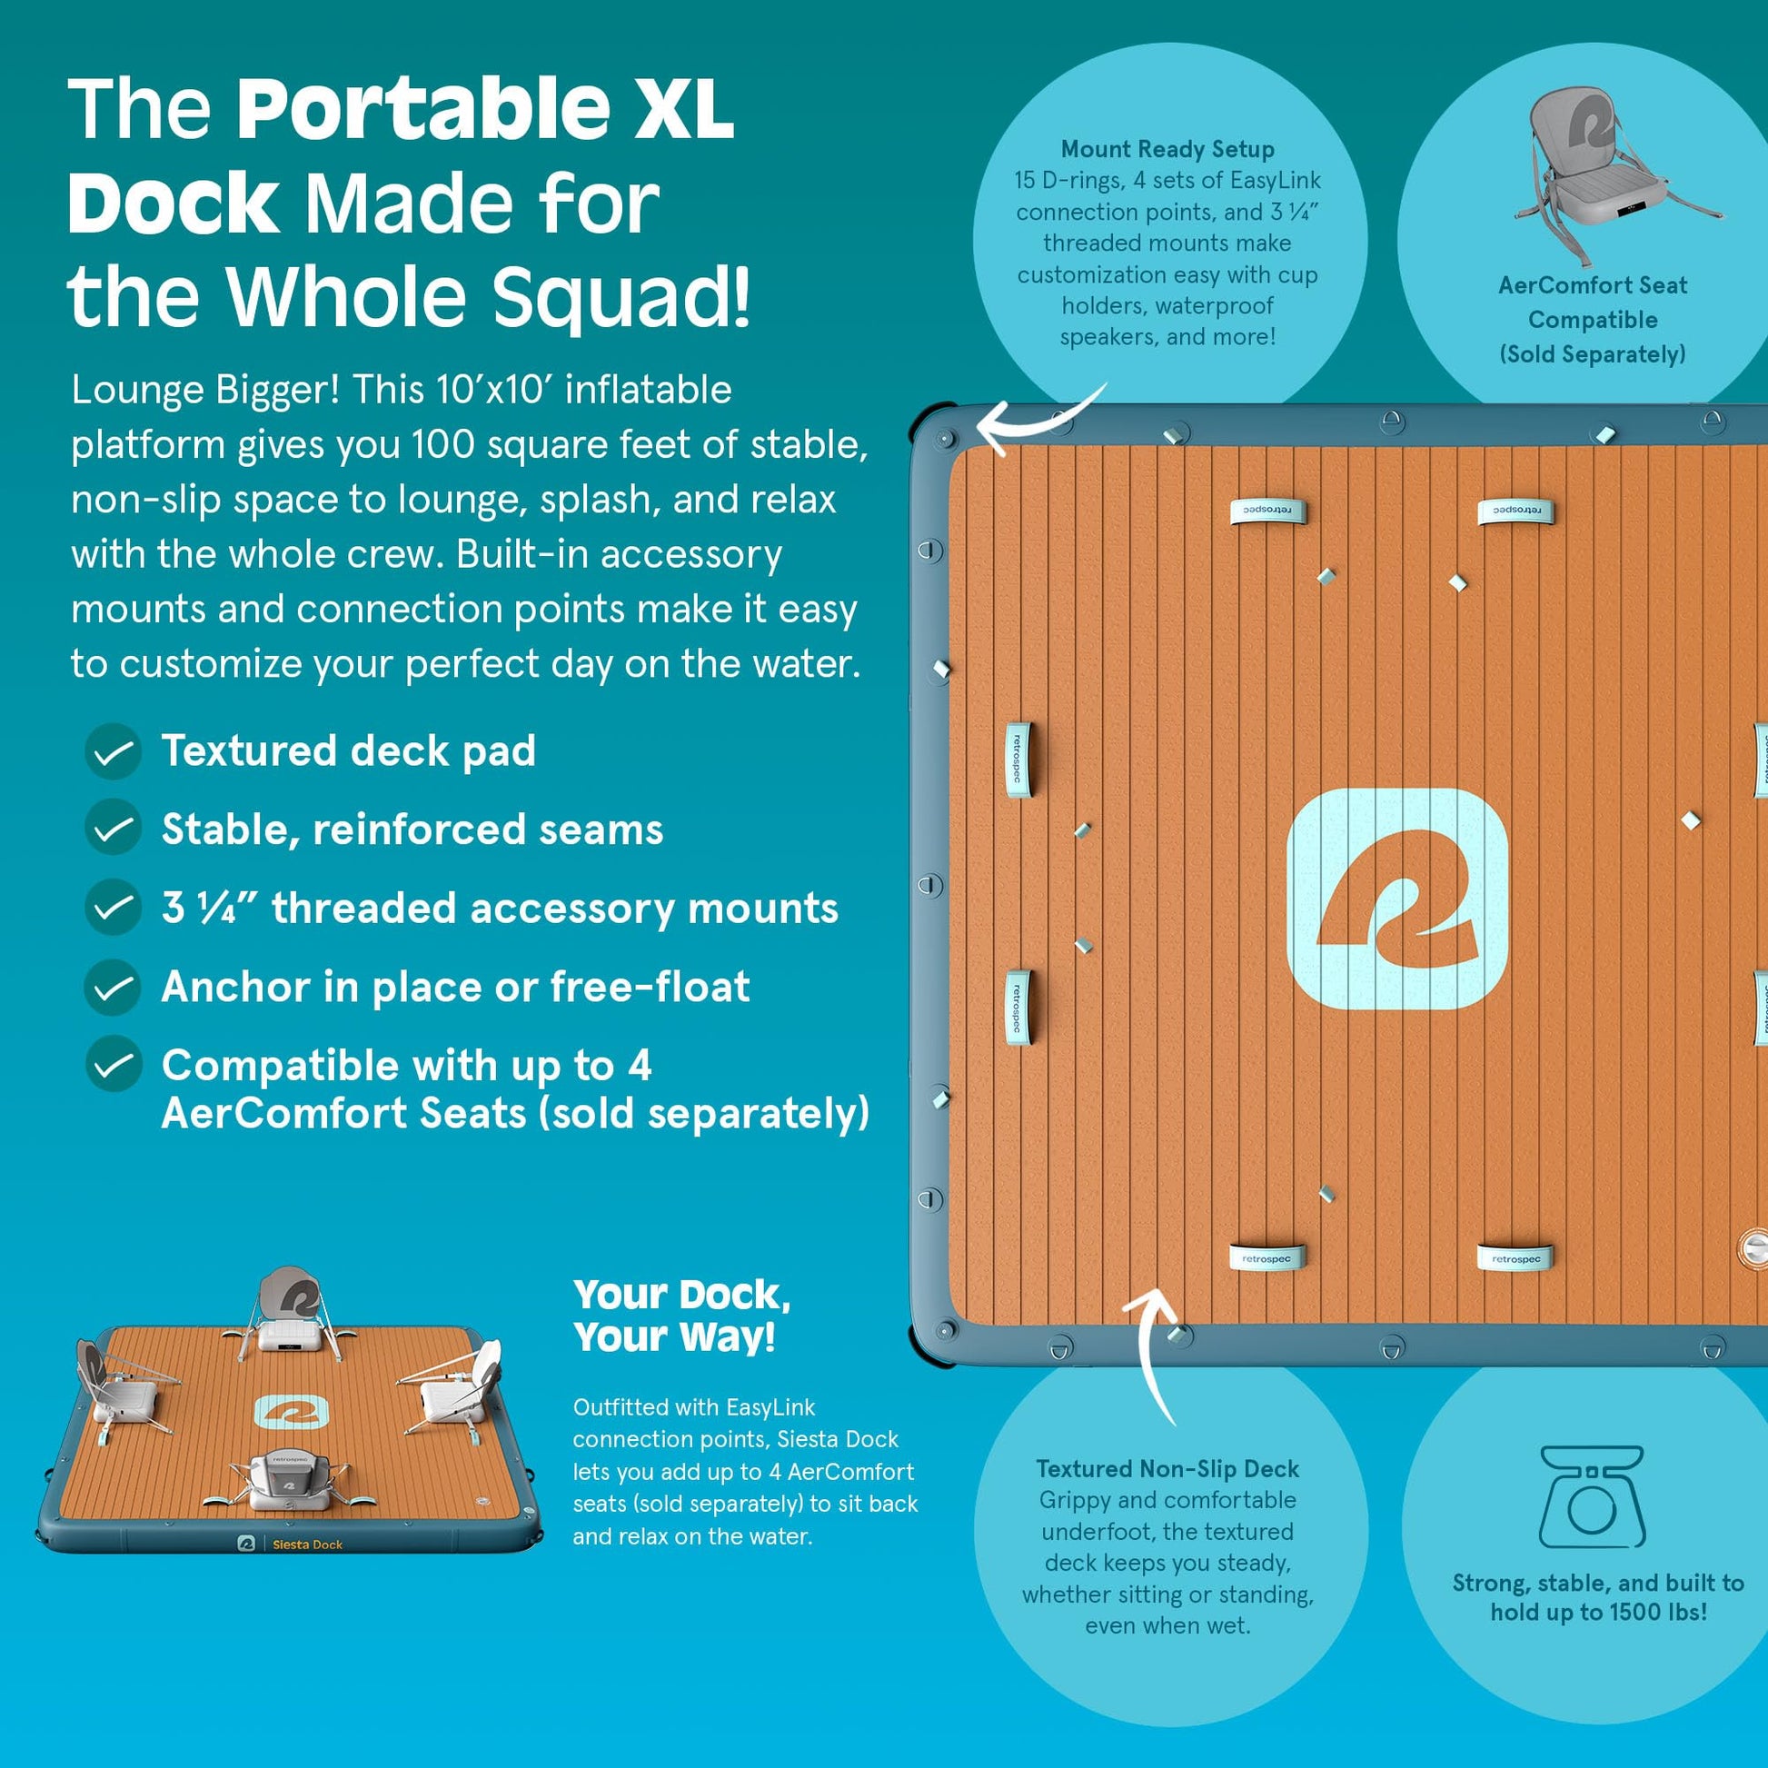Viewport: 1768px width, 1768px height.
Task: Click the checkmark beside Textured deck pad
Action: click(x=113, y=751)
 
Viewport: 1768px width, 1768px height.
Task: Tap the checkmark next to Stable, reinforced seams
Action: click(x=113, y=829)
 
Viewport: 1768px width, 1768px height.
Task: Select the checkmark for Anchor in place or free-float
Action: click(x=113, y=987)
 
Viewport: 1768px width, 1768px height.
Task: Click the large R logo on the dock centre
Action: click(x=1396, y=899)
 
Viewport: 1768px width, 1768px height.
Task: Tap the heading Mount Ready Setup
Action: click(x=1167, y=149)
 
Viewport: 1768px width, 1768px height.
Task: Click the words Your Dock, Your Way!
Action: click(x=682, y=1316)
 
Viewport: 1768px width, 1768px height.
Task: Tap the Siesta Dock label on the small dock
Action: click(x=307, y=1545)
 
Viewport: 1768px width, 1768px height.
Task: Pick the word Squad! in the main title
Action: click(x=622, y=296)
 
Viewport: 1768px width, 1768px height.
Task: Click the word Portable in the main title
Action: click(x=423, y=109)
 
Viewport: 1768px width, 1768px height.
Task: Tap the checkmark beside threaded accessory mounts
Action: click(x=113, y=907)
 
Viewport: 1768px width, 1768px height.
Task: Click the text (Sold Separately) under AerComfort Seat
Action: click(x=1593, y=354)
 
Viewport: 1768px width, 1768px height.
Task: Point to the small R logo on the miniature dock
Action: click(x=291, y=1411)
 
